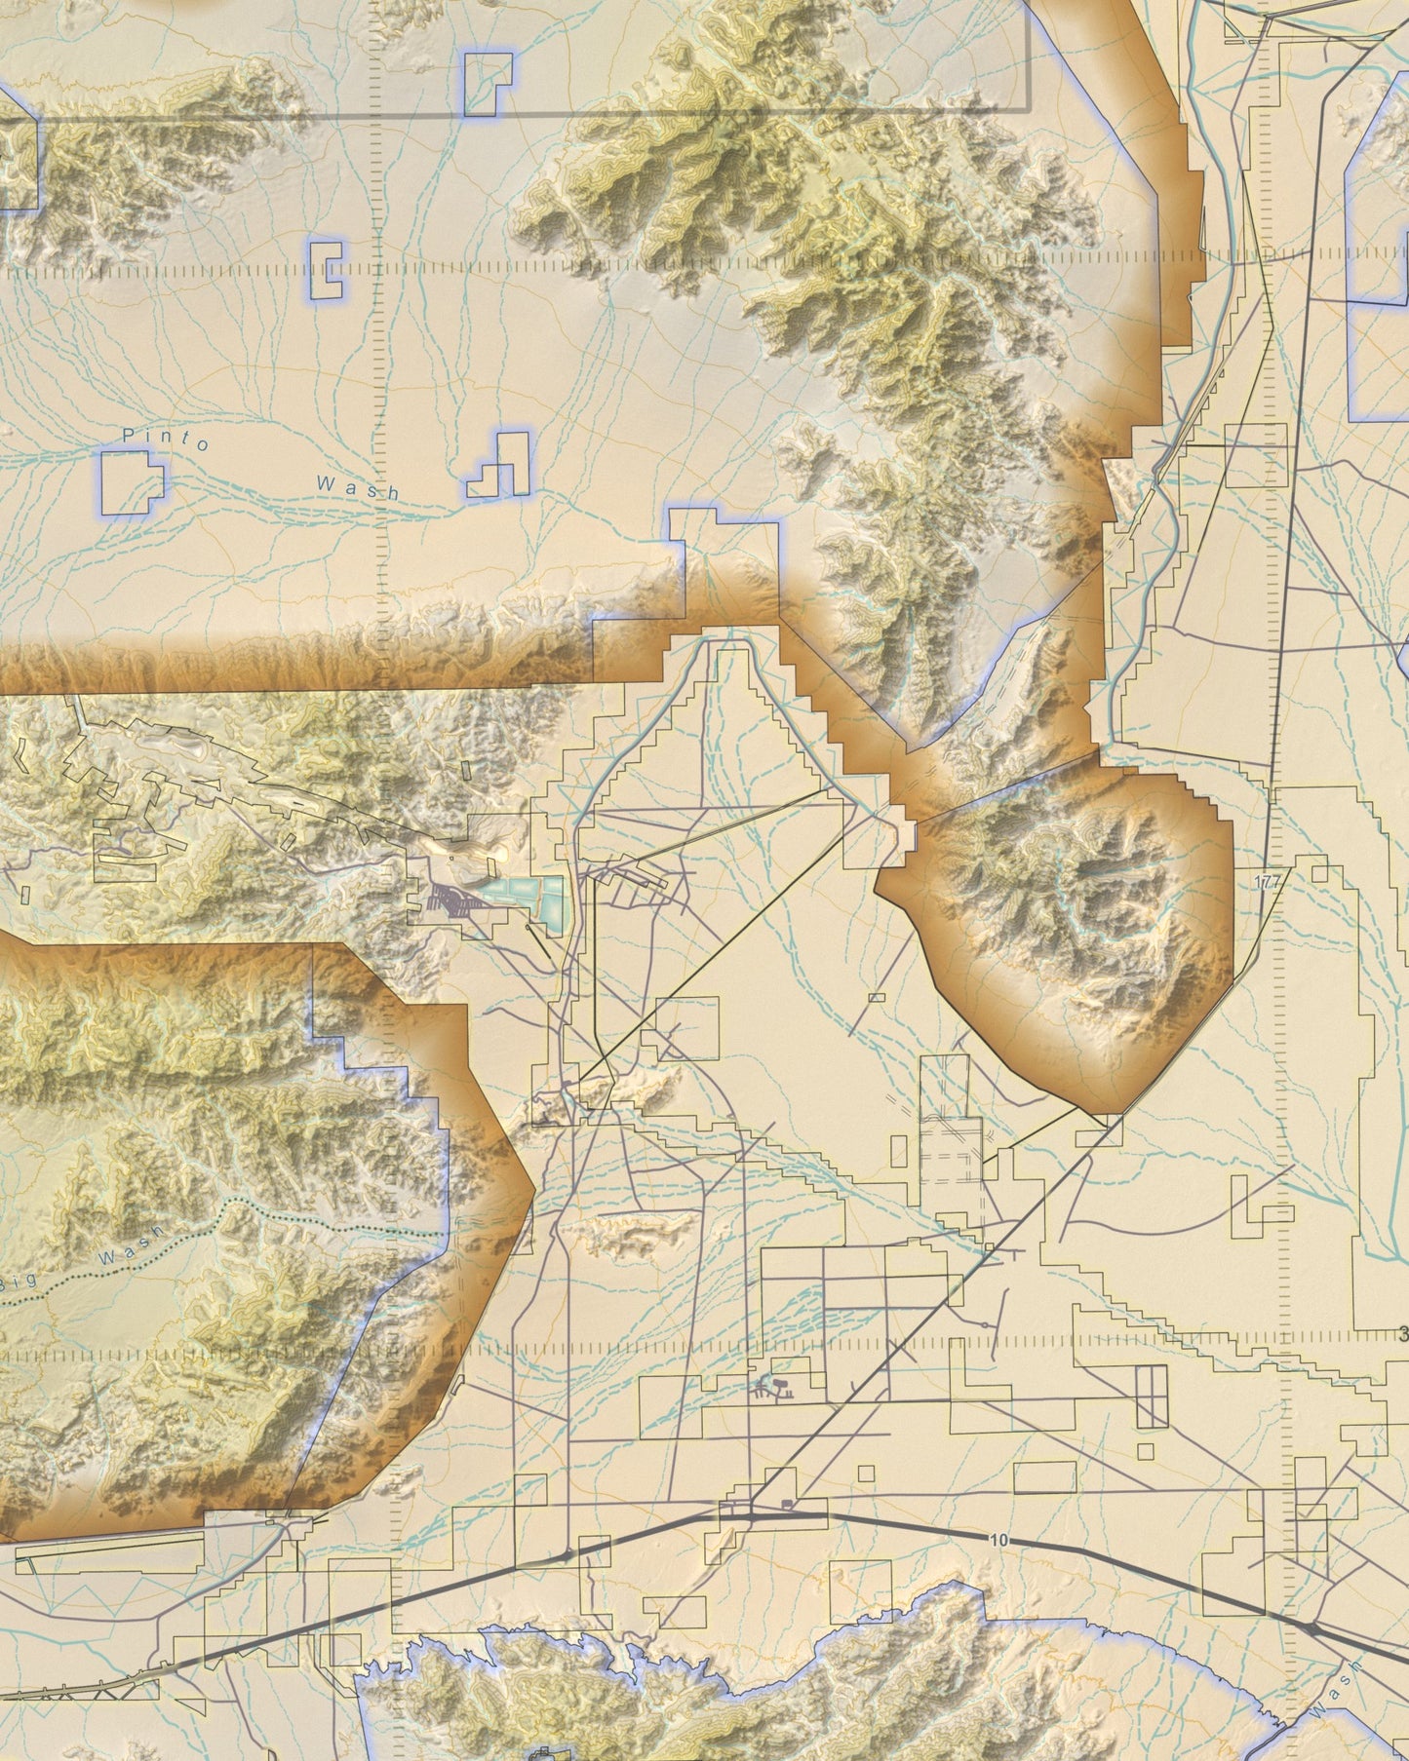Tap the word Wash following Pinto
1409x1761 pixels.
coord(357,485)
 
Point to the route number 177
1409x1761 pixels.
coord(1268,881)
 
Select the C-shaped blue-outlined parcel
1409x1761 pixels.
coord(328,269)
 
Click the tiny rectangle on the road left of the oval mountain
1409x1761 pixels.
coord(876,997)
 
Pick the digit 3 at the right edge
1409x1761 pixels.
coord(1402,1334)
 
